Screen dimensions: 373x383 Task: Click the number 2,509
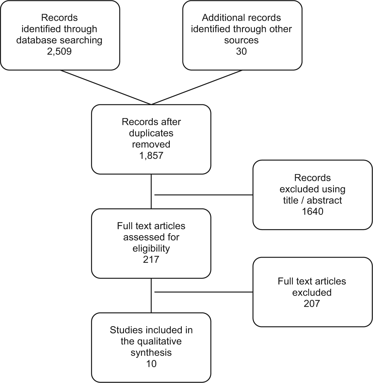(59, 51)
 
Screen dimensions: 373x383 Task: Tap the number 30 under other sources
(241, 51)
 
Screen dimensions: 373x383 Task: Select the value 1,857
(151, 156)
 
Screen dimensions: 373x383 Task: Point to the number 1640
(312, 211)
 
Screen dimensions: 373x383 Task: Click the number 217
(151, 259)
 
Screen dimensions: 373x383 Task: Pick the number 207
(312, 304)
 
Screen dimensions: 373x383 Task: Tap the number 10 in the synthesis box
(151, 364)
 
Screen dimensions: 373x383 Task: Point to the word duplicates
(151, 133)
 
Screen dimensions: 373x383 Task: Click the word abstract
(324, 200)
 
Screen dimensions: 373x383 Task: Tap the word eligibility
(151, 248)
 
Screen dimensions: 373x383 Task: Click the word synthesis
(151, 353)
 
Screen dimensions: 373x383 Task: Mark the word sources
(241, 40)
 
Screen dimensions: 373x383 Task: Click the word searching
(81, 40)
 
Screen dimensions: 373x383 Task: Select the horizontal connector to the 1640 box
(204, 195)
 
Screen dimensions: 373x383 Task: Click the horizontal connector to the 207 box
(204, 292)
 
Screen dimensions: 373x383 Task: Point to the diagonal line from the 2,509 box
(106, 87)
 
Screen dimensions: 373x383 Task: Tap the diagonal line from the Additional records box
(197, 87)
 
